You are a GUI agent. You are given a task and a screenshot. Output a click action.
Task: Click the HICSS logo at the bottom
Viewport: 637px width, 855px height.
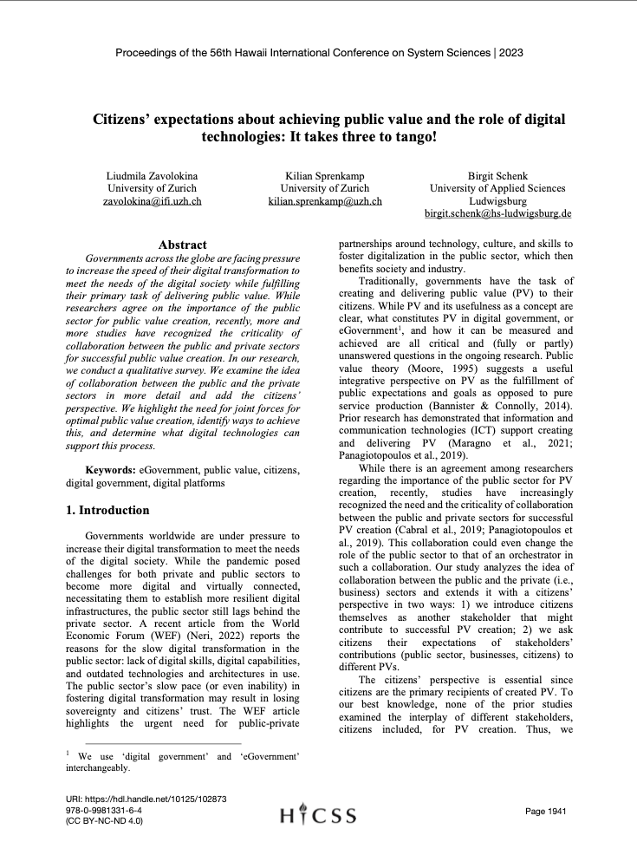click(318, 815)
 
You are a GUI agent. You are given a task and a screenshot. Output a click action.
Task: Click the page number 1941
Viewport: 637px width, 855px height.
click(546, 811)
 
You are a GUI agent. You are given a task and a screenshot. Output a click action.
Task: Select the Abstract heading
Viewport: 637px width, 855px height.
click(182, 245)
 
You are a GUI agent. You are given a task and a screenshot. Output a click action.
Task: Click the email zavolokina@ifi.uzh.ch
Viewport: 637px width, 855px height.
click(153, 200)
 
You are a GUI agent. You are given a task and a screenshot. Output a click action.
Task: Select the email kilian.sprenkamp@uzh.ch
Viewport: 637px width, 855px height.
click(325, 200)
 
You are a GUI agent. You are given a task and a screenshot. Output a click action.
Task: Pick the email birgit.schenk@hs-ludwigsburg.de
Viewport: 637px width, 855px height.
click(497, 212)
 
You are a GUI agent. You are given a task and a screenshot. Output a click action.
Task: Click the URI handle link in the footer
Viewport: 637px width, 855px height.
click(146, 798)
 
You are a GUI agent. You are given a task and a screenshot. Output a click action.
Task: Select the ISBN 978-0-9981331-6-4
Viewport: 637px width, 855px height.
click(104, 809)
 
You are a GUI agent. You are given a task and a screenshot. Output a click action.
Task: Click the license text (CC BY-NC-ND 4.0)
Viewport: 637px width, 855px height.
click(104, 820)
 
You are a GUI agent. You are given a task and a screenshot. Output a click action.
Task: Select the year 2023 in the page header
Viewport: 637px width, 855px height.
click(510, 53)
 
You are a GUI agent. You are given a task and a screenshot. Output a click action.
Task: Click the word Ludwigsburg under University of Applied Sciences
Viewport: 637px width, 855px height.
click(497, 200)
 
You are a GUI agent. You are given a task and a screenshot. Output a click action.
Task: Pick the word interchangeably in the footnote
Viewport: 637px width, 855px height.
click(98, 767)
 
